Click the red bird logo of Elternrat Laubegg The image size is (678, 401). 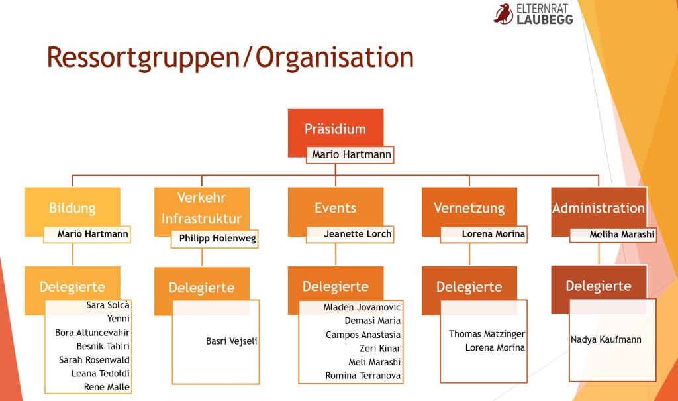coord(503,13)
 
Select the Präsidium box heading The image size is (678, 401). coord(335,129)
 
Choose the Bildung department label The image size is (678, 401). coord(72,208)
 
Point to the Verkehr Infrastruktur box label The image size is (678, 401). coord(202,208)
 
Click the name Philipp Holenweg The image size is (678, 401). coord(217,238)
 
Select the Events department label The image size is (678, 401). coord(336,208)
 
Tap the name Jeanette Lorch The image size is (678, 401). coord(358,234)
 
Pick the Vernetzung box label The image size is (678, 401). coord(469,208)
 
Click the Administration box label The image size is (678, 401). coord(599,208)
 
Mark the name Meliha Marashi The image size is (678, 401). coord(622,234)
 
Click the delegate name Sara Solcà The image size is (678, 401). coord(108,305)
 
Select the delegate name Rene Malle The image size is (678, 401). coord(107,387)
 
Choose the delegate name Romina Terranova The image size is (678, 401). coord(363,376)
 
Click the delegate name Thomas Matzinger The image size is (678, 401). coord(487,334)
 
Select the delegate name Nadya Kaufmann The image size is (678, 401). coord(606,340)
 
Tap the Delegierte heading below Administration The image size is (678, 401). coord(599,286)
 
